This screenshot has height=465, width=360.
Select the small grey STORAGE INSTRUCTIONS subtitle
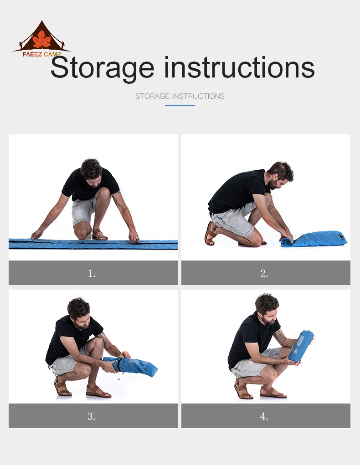[180, 96]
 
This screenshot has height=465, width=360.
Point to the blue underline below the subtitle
[180, 105]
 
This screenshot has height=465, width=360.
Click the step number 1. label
[92, 273]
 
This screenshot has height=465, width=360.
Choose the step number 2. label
[264, 273]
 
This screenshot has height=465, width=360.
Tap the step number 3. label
[92, 416]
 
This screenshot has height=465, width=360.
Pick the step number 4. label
[264, 416]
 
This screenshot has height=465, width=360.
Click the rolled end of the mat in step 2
[287, 242]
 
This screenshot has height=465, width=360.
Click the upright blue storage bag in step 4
[301, 347]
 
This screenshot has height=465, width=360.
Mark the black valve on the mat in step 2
[341, 236]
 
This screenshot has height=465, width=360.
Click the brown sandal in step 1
[99, 235]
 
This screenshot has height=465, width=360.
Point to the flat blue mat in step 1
[93, 244]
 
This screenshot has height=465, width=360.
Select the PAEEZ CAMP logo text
[41, 54]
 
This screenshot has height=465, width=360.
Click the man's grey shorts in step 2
[234, 220]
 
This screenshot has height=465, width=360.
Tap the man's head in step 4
[267, 308]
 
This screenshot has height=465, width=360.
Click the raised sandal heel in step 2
[210, 233]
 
